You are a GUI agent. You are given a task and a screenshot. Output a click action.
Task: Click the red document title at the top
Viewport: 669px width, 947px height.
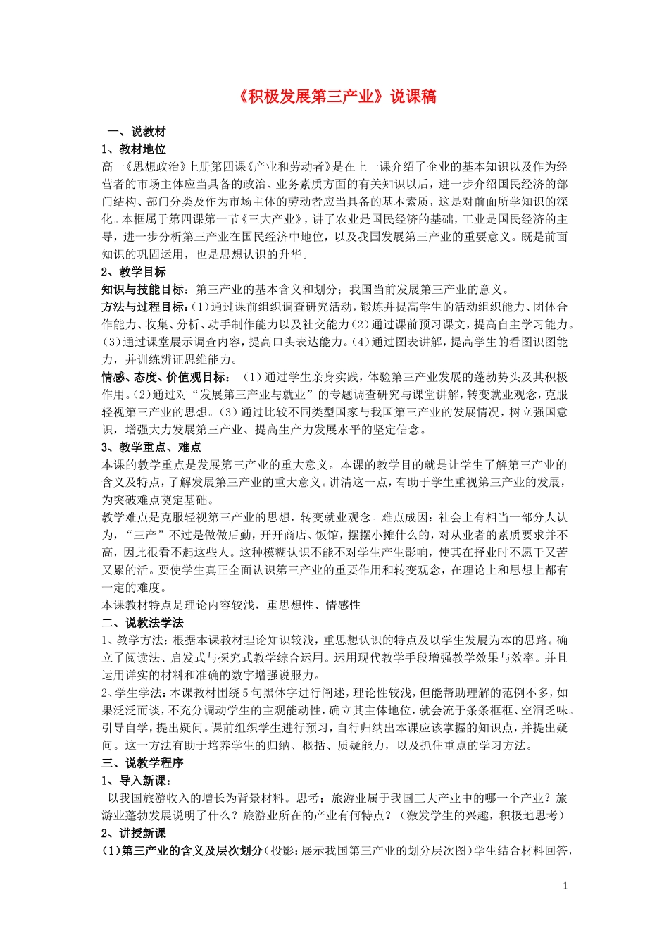point(334,97)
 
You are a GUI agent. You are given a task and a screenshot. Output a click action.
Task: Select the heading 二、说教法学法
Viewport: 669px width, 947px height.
point(142,623)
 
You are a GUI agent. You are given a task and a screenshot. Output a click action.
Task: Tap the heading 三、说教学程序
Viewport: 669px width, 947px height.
point(142,763)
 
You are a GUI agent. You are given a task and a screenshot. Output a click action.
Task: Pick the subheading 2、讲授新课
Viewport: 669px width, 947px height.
point(134,834)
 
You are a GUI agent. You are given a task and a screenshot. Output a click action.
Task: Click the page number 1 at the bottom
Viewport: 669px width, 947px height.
point(565,886)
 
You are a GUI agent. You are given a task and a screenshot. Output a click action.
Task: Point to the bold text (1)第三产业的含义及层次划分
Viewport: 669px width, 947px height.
point(183,851)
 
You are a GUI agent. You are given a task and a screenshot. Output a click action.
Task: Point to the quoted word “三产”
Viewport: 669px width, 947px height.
point(141,535)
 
